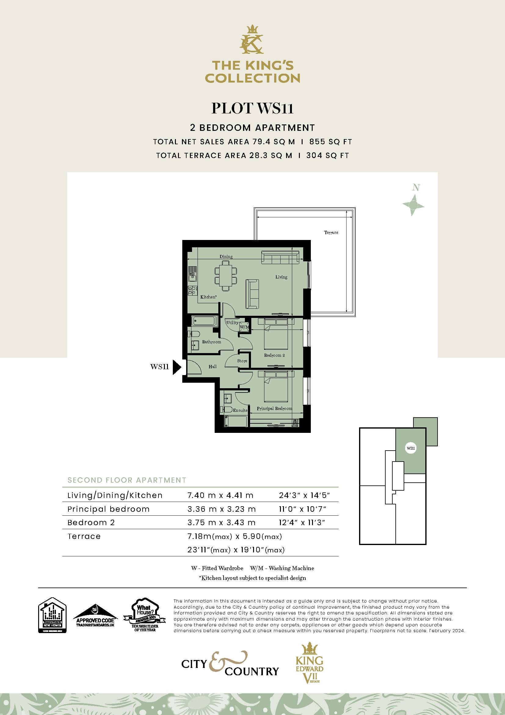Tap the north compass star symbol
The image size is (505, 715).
[413, 205]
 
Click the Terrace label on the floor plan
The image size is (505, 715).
[331, 233]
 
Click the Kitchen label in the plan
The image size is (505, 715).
[208, 297]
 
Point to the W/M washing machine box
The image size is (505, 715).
[245, 327]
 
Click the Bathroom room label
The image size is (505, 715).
[212, 342]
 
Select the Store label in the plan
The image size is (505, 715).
[242, 361]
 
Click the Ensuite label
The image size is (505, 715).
[240, 411]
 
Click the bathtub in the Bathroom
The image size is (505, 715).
[202, 320]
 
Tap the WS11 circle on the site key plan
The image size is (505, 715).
[410, 448]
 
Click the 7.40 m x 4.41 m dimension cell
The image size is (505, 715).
[220, 496]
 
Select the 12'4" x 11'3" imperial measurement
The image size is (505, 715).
[302, 522]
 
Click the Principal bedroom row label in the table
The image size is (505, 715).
[108, 509]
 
